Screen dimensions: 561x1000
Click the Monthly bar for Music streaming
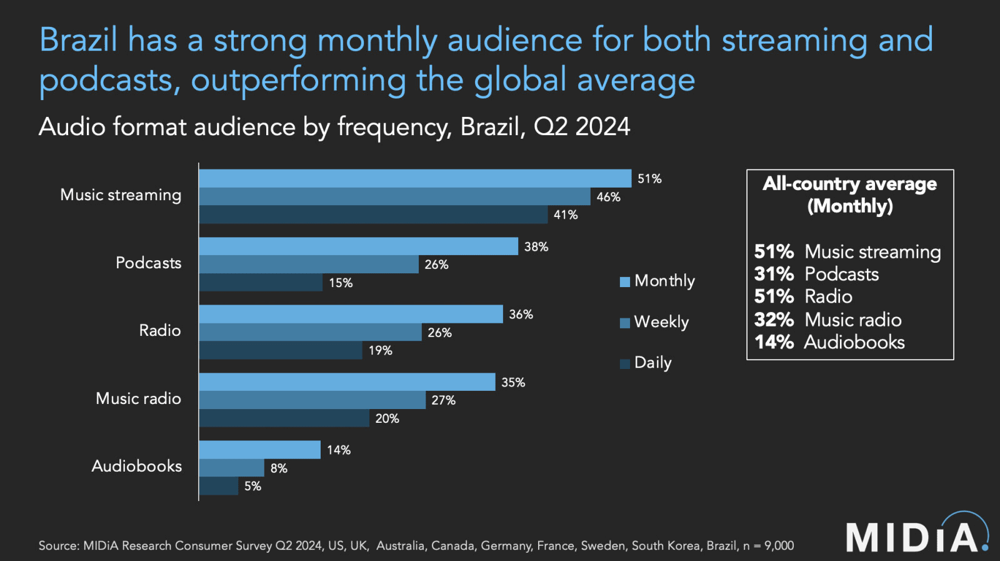coord(415,178)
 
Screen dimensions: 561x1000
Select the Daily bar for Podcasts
coord(261,283)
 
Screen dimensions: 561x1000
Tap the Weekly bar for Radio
coord(310,332)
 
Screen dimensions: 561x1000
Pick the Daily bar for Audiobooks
coord(219,486)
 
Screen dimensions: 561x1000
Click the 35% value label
coord(513,382)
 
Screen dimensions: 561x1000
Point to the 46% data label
coord(608,197)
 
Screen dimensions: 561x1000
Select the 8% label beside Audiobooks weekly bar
coord(279,468)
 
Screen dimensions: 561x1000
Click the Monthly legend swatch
coord(624,282)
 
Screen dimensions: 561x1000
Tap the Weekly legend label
coord(661,322)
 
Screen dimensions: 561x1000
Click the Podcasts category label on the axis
coord(148,263)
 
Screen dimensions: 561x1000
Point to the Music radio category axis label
coord(138,398)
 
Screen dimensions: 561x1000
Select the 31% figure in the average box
coord(774,274)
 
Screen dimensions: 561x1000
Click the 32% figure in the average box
coord(774,320)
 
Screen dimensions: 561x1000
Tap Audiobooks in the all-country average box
coord(854,342)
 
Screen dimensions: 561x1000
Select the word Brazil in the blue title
coord(78,40)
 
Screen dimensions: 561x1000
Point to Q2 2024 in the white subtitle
coord(581,127)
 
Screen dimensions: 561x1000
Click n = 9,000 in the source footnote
coord(768,545)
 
